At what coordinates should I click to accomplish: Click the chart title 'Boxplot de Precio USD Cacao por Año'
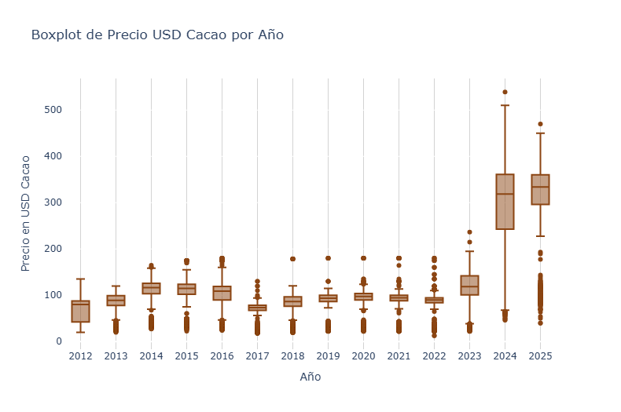[157, 35]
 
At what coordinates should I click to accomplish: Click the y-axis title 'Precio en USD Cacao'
[26, 213]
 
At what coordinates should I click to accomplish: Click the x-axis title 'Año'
[310, 377]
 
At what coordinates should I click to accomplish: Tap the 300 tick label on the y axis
[52, 202]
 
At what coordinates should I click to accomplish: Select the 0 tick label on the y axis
[57, 341]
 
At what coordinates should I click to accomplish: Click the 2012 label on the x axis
[80, 357]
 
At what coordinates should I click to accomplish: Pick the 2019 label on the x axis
[328, 357]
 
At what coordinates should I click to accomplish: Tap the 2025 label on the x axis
[540, 357]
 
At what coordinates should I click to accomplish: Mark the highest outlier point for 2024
[505, 92]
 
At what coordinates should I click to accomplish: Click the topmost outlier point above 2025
[540, 124]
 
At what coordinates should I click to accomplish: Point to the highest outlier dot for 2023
[469, 232]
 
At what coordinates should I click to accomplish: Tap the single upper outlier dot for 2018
[292, 259]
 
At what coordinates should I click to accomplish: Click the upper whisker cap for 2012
[80, 279]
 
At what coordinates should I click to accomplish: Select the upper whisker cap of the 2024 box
[505, 105]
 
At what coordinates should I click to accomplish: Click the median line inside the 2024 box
[505, 194]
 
